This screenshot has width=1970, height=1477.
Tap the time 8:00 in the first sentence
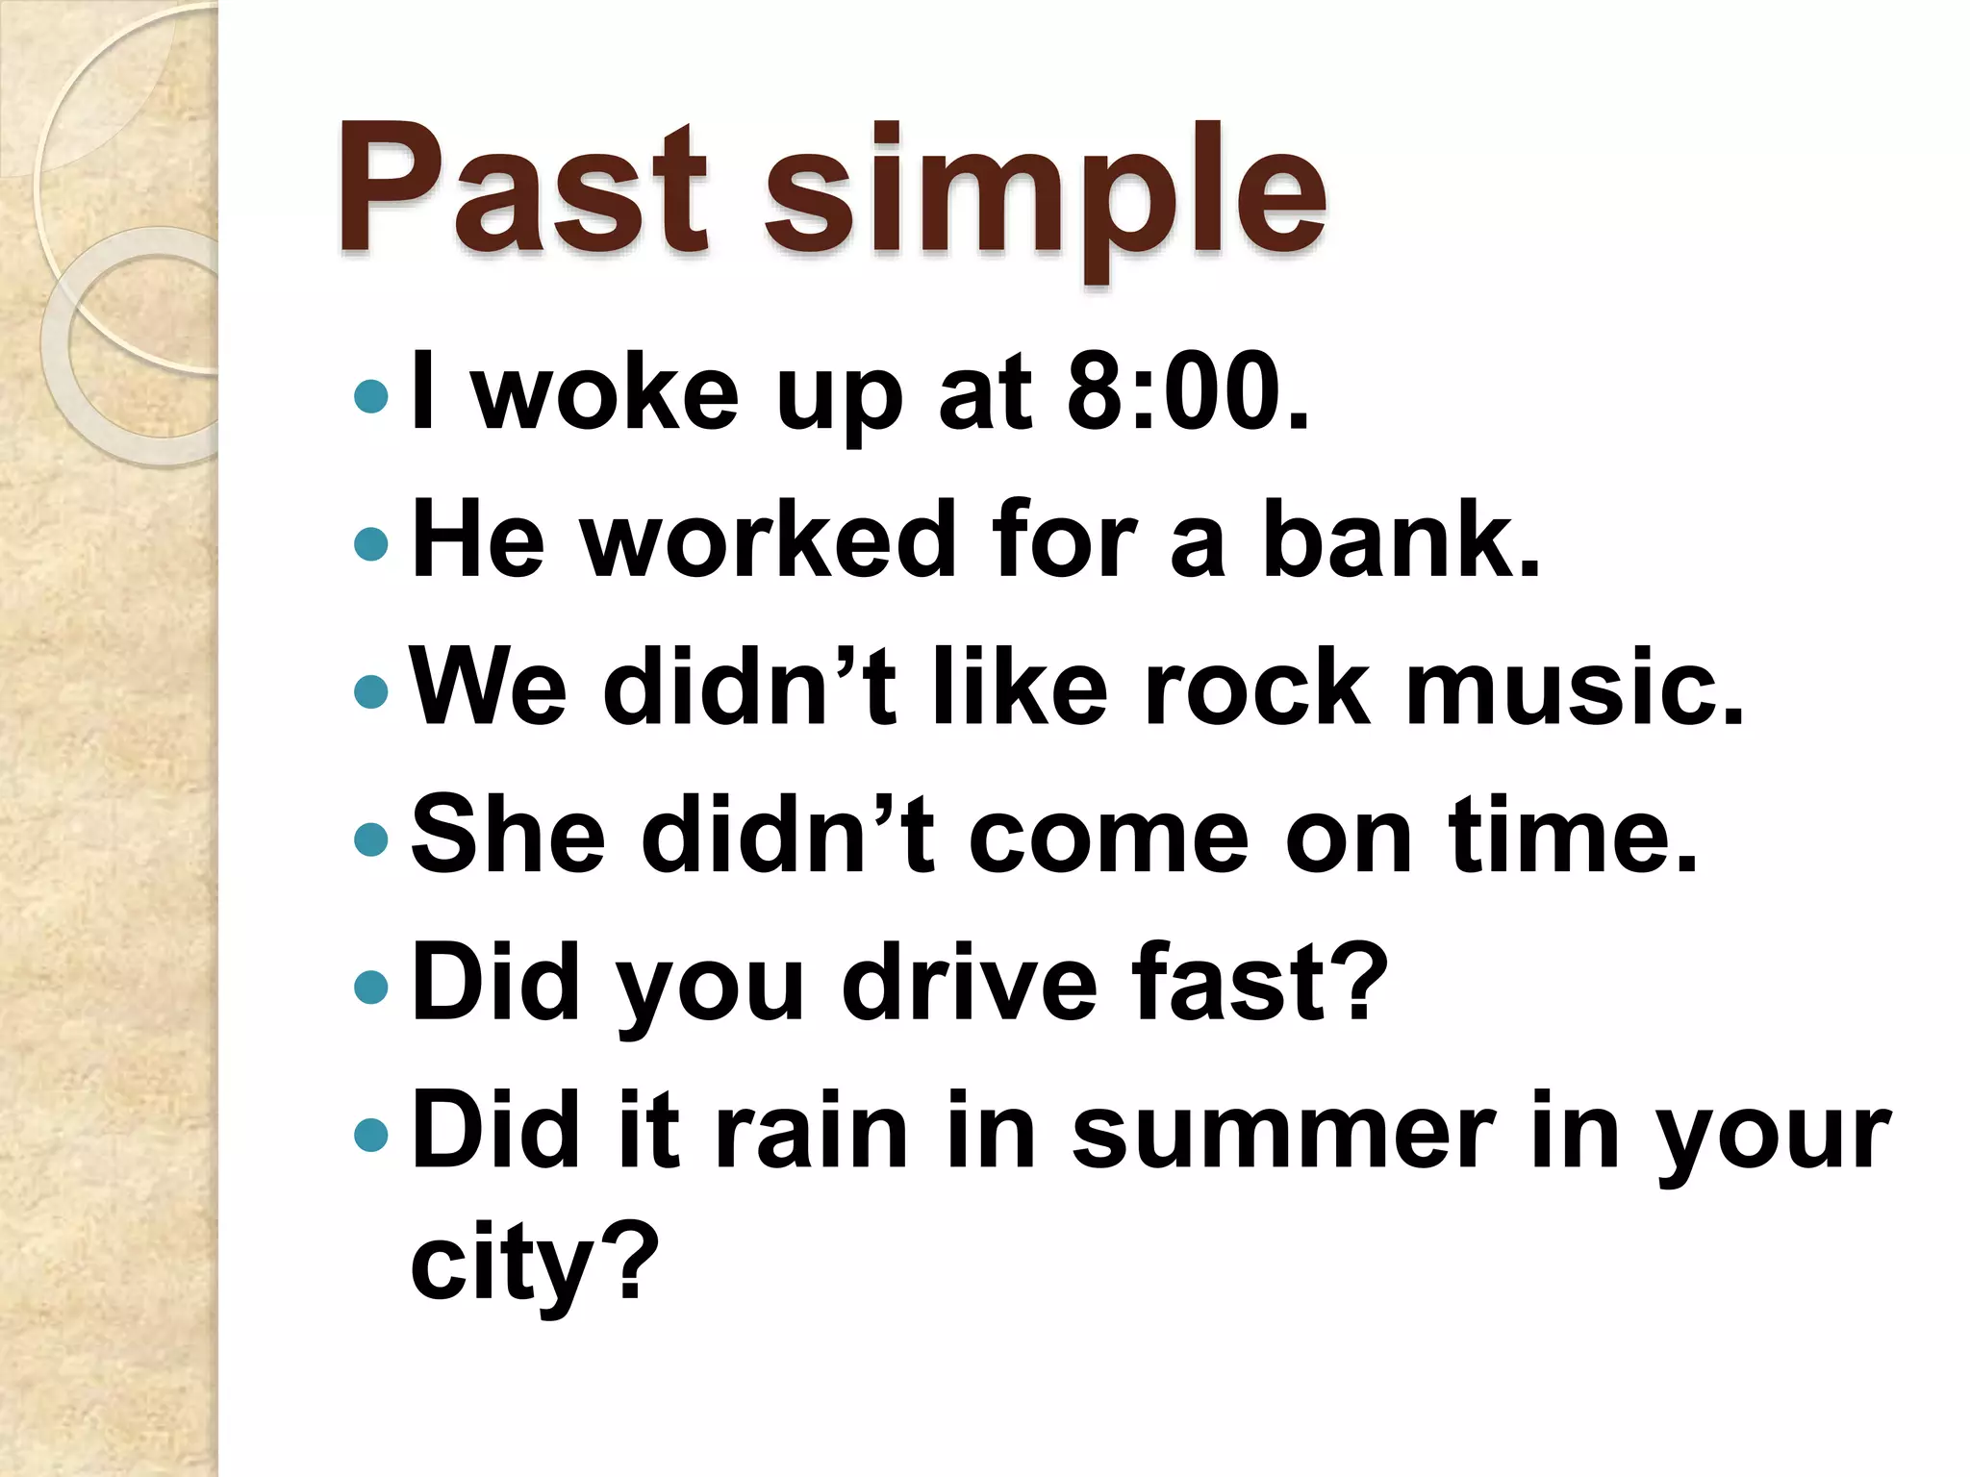pos(1187,392)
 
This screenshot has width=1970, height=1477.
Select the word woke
pos(607,392)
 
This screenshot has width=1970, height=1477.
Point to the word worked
pos(770,540)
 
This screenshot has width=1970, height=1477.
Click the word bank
pos(1401,540)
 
